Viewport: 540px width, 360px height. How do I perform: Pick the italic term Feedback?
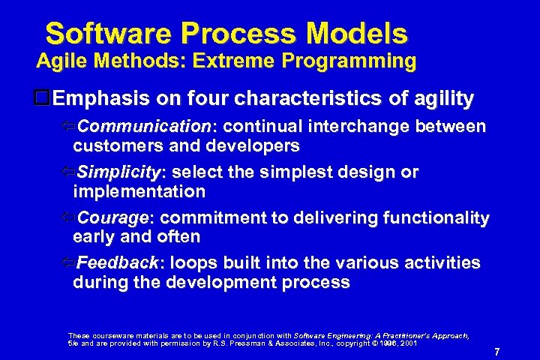(118, 263)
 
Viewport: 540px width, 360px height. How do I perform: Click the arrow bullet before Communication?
(67, 127)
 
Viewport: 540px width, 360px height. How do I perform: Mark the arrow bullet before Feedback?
(67, 263)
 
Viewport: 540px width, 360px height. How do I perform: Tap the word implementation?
(139, 191)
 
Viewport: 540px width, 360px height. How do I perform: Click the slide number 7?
(496, 351)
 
